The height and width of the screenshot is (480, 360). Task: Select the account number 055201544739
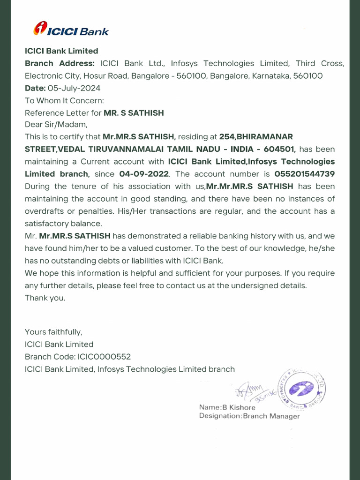pyautogui.click(x=305, y=174)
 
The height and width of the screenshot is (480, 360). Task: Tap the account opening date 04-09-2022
pyautogui.click(x=144, y=174)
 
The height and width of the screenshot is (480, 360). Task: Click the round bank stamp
pyautogui.click(x=302, y=389)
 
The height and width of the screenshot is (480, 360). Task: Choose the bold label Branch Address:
pyautogui.click(x=60, y=64)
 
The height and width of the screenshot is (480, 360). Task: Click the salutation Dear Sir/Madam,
pyautogui.click(x=56, y=125)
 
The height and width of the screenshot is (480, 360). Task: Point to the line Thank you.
pyautogui.click(x=45, y=298)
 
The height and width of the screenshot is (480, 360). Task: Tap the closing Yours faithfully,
pyautogui.click(x=53, y=332)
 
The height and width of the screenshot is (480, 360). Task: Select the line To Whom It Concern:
pyautogui.click(x=64, y=100)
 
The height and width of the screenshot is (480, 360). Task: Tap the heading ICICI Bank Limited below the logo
pyautogui.click(x=61, y=51)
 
